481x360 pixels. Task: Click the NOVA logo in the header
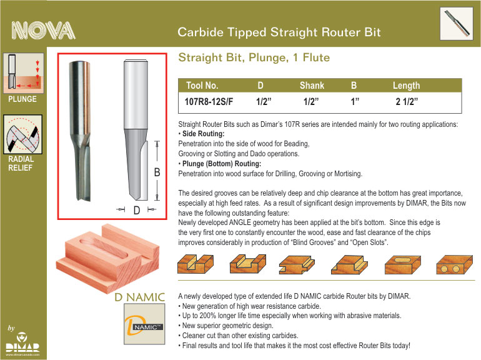tap(43, 31)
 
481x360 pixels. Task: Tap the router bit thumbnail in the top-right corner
tap(457, 24)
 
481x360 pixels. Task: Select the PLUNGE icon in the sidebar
tap(24, 73)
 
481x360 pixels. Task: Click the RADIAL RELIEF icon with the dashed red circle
tap(22, 134)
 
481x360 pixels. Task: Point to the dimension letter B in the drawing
tap(157, 172)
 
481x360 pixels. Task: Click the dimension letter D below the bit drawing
tap(137, 210)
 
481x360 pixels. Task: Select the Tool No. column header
tap(202, 86)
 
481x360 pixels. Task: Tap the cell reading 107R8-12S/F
tap(209, 101)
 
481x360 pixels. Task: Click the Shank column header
tap(312, 86)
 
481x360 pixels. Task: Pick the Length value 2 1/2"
tap(407, 101)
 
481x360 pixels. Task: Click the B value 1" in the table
tap(355, 101)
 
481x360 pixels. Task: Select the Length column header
tap(406, 86)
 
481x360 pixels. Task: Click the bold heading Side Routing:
tap(204, 134)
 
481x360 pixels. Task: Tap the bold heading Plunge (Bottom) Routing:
tap(222, 164)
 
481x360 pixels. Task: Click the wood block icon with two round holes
tap(454, 264)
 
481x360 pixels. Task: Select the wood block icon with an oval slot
tap(403, 264)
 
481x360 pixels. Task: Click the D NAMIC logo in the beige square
tap(144, 324)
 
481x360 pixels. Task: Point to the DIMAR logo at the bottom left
tap(22, 344)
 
